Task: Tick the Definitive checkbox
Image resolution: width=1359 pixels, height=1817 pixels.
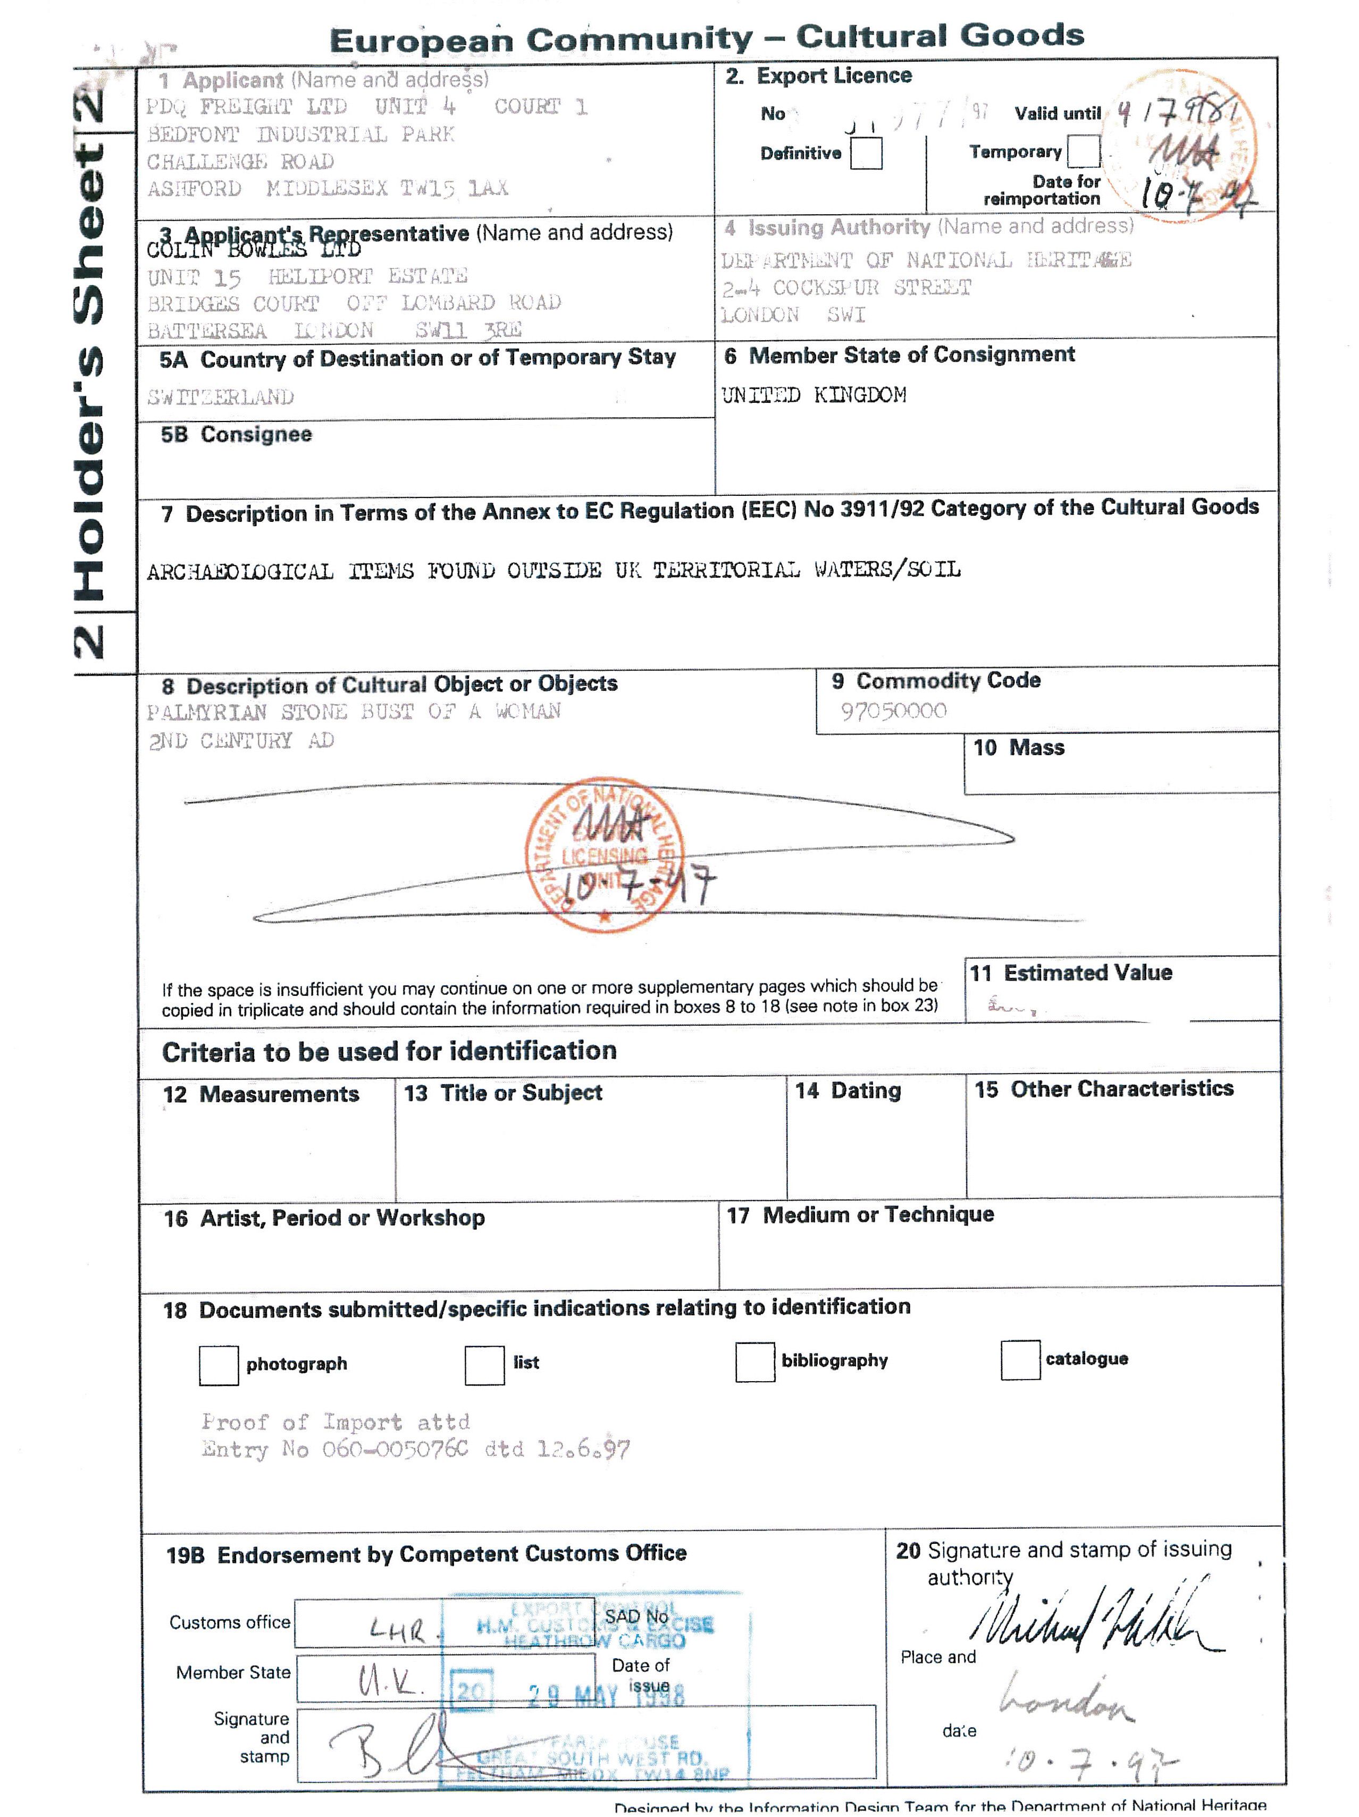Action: point(865,153)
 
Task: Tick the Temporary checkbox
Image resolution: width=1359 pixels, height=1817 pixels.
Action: point(1083,151)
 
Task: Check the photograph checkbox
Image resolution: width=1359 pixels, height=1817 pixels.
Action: point(218,1364)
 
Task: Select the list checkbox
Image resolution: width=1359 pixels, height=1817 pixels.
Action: point(484,1364)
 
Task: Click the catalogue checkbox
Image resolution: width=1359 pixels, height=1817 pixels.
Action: point(1020,1359)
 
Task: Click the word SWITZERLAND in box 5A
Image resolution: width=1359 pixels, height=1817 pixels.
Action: point(220,398)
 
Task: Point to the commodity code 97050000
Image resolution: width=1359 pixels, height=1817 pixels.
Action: point(893,711)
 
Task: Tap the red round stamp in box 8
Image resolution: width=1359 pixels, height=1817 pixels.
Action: point(604,854)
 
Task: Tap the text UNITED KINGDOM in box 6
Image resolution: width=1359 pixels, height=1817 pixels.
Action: point(813,395)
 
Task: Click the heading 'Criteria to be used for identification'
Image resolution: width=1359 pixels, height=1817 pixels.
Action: point(389,1051)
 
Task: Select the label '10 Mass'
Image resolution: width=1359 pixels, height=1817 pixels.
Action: point(1018,748)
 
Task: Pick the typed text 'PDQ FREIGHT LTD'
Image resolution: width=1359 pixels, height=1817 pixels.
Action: point(247,107)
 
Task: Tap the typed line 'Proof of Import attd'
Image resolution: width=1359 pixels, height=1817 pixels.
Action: point(335,1422)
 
